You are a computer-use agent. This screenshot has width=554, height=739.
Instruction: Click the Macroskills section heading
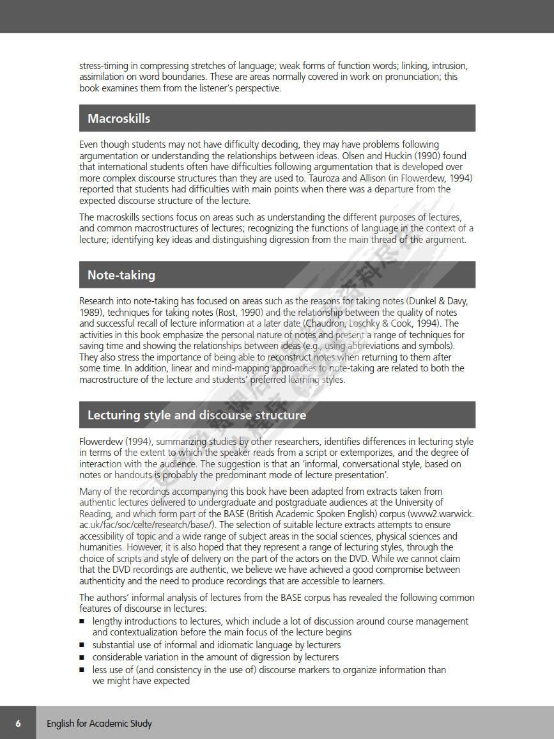point(119,118)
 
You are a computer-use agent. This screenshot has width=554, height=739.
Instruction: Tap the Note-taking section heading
point(121,275)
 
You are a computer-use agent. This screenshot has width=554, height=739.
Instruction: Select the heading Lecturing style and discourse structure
point(197,415)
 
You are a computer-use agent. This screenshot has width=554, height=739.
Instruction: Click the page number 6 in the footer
point(18,723)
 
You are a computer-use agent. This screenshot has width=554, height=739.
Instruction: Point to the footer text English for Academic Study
point(99,724)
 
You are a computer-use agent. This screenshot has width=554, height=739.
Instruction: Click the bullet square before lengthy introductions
point(82,621)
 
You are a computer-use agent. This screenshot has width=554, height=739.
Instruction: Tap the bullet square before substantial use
point(82,645)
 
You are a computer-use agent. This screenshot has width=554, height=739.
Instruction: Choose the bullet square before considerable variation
point(82,657)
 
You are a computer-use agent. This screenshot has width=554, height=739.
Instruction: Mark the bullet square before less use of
point(82,670)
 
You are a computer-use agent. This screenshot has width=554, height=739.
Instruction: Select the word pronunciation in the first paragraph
point(406,77)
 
